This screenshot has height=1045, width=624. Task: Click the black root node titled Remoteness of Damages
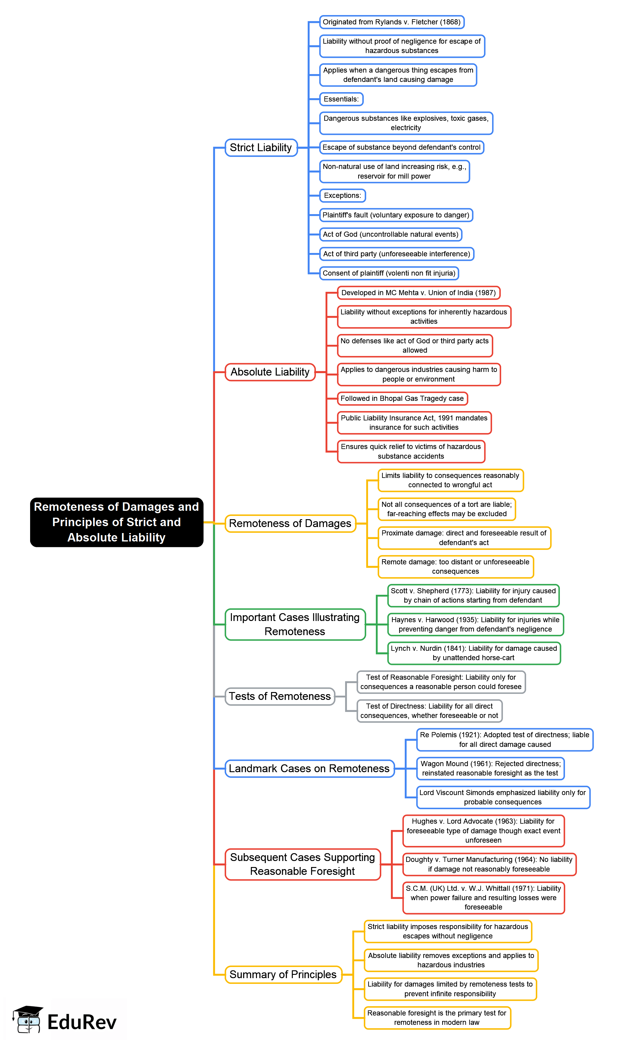pyautogui.click(x=117, y=522)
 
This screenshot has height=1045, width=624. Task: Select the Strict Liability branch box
pyautogui.click(x=261, y=148)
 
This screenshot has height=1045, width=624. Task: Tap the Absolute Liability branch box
pyautogui.click(x=270, y=372)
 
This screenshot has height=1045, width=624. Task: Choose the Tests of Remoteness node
pyautogui.click(x=279, y=696)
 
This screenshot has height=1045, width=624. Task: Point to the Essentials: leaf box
pyautogui.click(x=341, y=99)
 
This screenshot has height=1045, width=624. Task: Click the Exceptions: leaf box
pyautogui.click(x=342, y=195)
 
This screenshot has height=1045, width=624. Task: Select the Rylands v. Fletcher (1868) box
pyautogui.click(x=392, y=22)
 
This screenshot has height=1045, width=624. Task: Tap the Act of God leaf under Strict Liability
pyautogui.click(x=390, y=234)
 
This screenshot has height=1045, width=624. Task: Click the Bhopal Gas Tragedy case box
pyautogui.click(x=402, y=398)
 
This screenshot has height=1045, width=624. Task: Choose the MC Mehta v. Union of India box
pyautogui.click(x=418, y=292)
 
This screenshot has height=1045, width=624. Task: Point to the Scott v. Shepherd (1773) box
pyautogui.click(x=473, y=595)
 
